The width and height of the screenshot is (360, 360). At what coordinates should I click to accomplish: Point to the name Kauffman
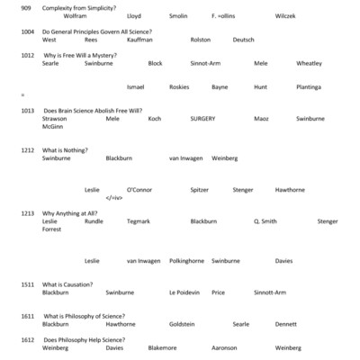[x=139, y=40]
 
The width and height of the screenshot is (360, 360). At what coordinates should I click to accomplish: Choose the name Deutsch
[x=243, y=40]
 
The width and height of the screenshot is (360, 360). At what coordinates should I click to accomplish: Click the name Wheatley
[x=309, y=64]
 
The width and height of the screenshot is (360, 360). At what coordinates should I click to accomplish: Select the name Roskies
[x=180, y=87]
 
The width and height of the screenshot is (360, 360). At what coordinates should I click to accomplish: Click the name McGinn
[x=54, y=127]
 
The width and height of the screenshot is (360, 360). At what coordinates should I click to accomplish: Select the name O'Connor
[x=139, y=190]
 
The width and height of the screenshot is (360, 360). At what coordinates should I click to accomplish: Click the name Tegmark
[x=139, y=221]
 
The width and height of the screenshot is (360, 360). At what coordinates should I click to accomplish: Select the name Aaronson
[x=224, y=347]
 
